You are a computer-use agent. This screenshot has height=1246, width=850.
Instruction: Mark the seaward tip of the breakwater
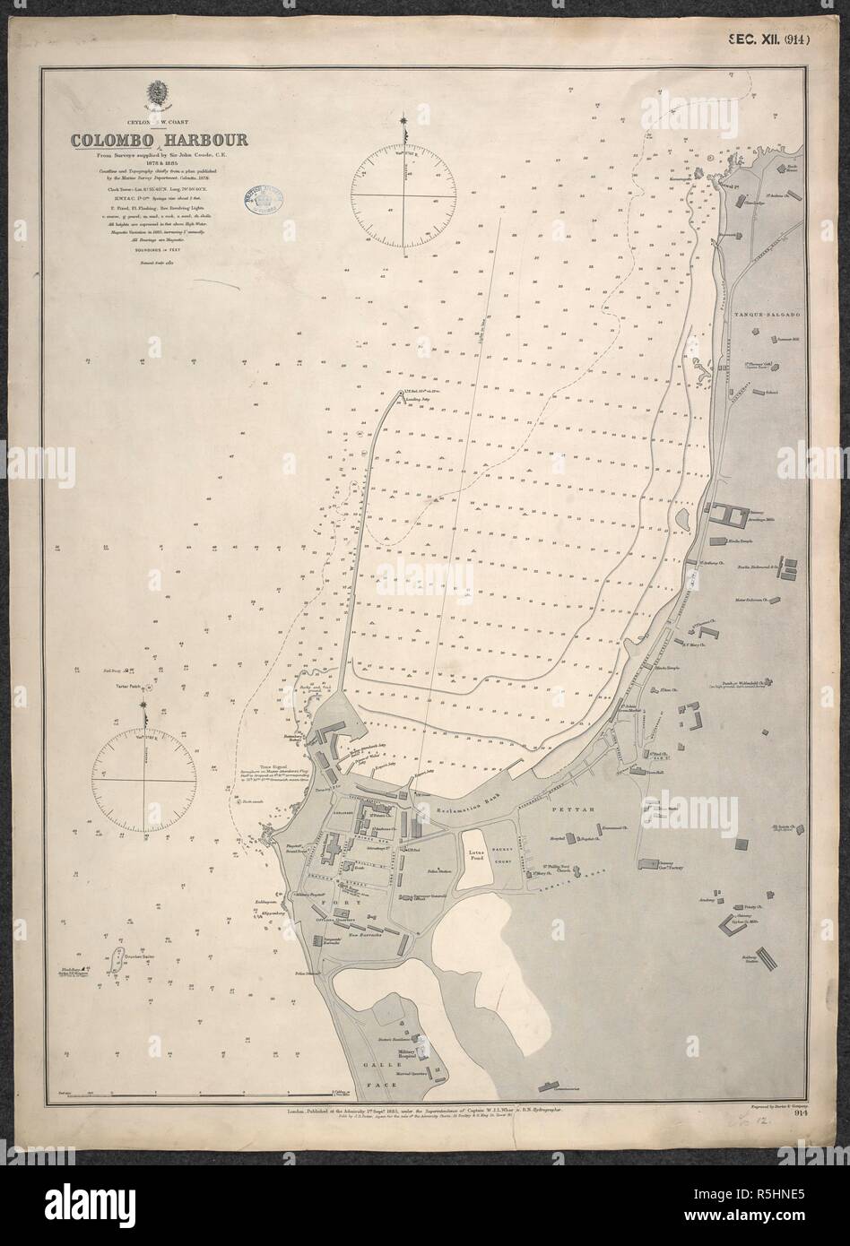pos(397,394)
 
